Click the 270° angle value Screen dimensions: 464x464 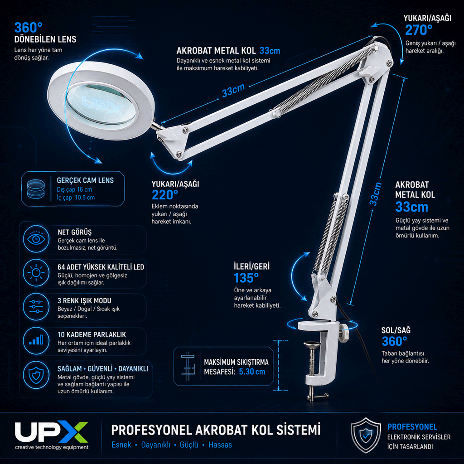click(419, 30)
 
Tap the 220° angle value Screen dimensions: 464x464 click(165, 195)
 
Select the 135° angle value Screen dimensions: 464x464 click(246, 278)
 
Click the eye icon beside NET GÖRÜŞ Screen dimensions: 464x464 click(36, 239)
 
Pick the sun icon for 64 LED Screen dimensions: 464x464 click(36, 272)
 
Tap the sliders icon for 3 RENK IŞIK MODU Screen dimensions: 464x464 click(36, 307)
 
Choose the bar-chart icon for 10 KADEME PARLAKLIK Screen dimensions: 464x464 click(36, 340)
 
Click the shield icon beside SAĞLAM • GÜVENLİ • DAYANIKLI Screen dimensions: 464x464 click(36, 375)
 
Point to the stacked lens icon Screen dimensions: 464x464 click(36, 189)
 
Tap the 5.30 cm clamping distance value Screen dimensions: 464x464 click(252, 372)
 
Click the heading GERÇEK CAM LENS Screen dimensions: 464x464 click(85, 180)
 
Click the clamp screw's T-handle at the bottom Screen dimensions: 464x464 click(318, 397)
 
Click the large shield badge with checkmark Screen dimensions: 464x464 click(366, 435)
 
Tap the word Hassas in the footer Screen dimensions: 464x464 click(220, 445)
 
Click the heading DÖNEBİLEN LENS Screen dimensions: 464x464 click(45, 39)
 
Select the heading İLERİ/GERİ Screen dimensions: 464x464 click(251, 266)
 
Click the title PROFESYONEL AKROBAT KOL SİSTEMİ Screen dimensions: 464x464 click(216, 430)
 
